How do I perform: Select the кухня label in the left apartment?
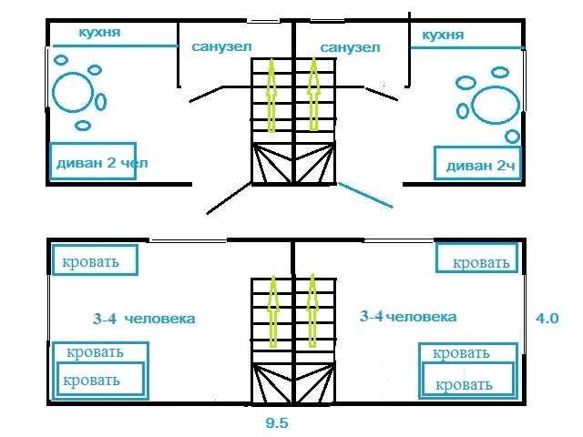pyautogui.click(x=99, y=34)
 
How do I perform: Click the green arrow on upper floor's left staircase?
pyautogui.click(x=271, y=91)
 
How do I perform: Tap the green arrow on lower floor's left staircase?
pyautogui.click(x=271, y=310)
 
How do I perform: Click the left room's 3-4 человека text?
pyautogui.click(x=145, y=319)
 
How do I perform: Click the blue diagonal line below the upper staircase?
pyautogui.click(x=366, y=196)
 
